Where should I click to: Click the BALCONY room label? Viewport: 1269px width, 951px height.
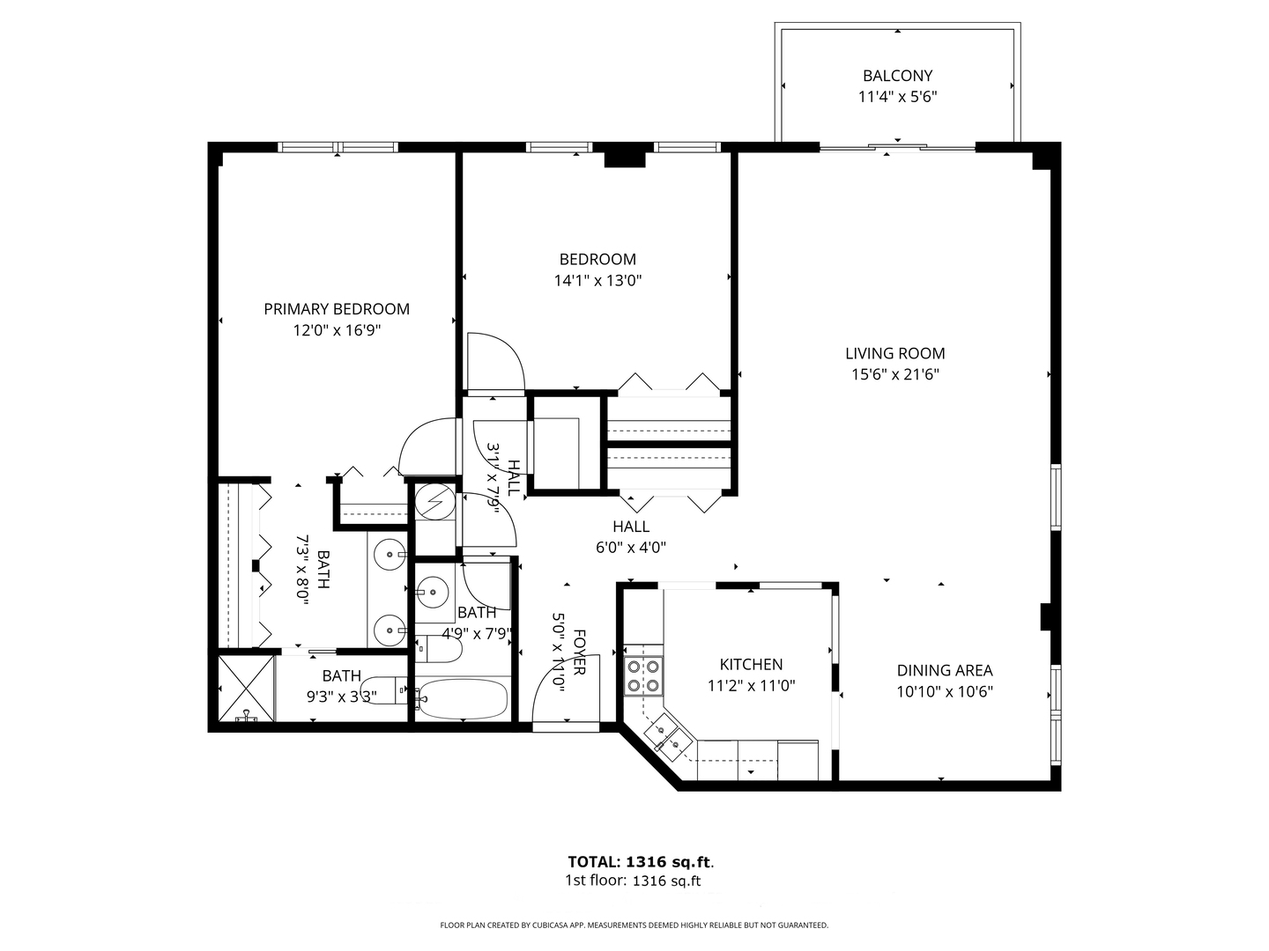click(897, 76)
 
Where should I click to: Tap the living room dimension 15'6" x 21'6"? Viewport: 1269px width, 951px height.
click(895, 375)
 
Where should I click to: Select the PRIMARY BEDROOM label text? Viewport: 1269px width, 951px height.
click(337, 309)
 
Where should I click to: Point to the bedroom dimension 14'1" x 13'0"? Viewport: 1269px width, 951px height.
click(597, 281)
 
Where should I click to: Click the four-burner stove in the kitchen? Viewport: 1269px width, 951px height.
click(643, 675)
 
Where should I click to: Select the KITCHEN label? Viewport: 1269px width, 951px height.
click(751, 665)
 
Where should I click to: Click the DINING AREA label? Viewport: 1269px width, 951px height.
click(945, 670)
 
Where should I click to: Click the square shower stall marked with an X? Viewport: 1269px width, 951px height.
click(241, 688)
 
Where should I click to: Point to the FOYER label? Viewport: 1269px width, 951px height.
click(579, 652)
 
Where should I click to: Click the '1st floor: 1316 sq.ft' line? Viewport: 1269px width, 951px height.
click(633, 881)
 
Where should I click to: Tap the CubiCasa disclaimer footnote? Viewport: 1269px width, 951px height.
click(634, 925)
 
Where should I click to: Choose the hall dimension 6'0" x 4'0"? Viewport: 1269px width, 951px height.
click(631, 547)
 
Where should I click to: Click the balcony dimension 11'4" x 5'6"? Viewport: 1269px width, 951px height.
click(897, 97)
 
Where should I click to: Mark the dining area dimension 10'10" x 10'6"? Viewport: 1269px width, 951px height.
click(945, 692)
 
